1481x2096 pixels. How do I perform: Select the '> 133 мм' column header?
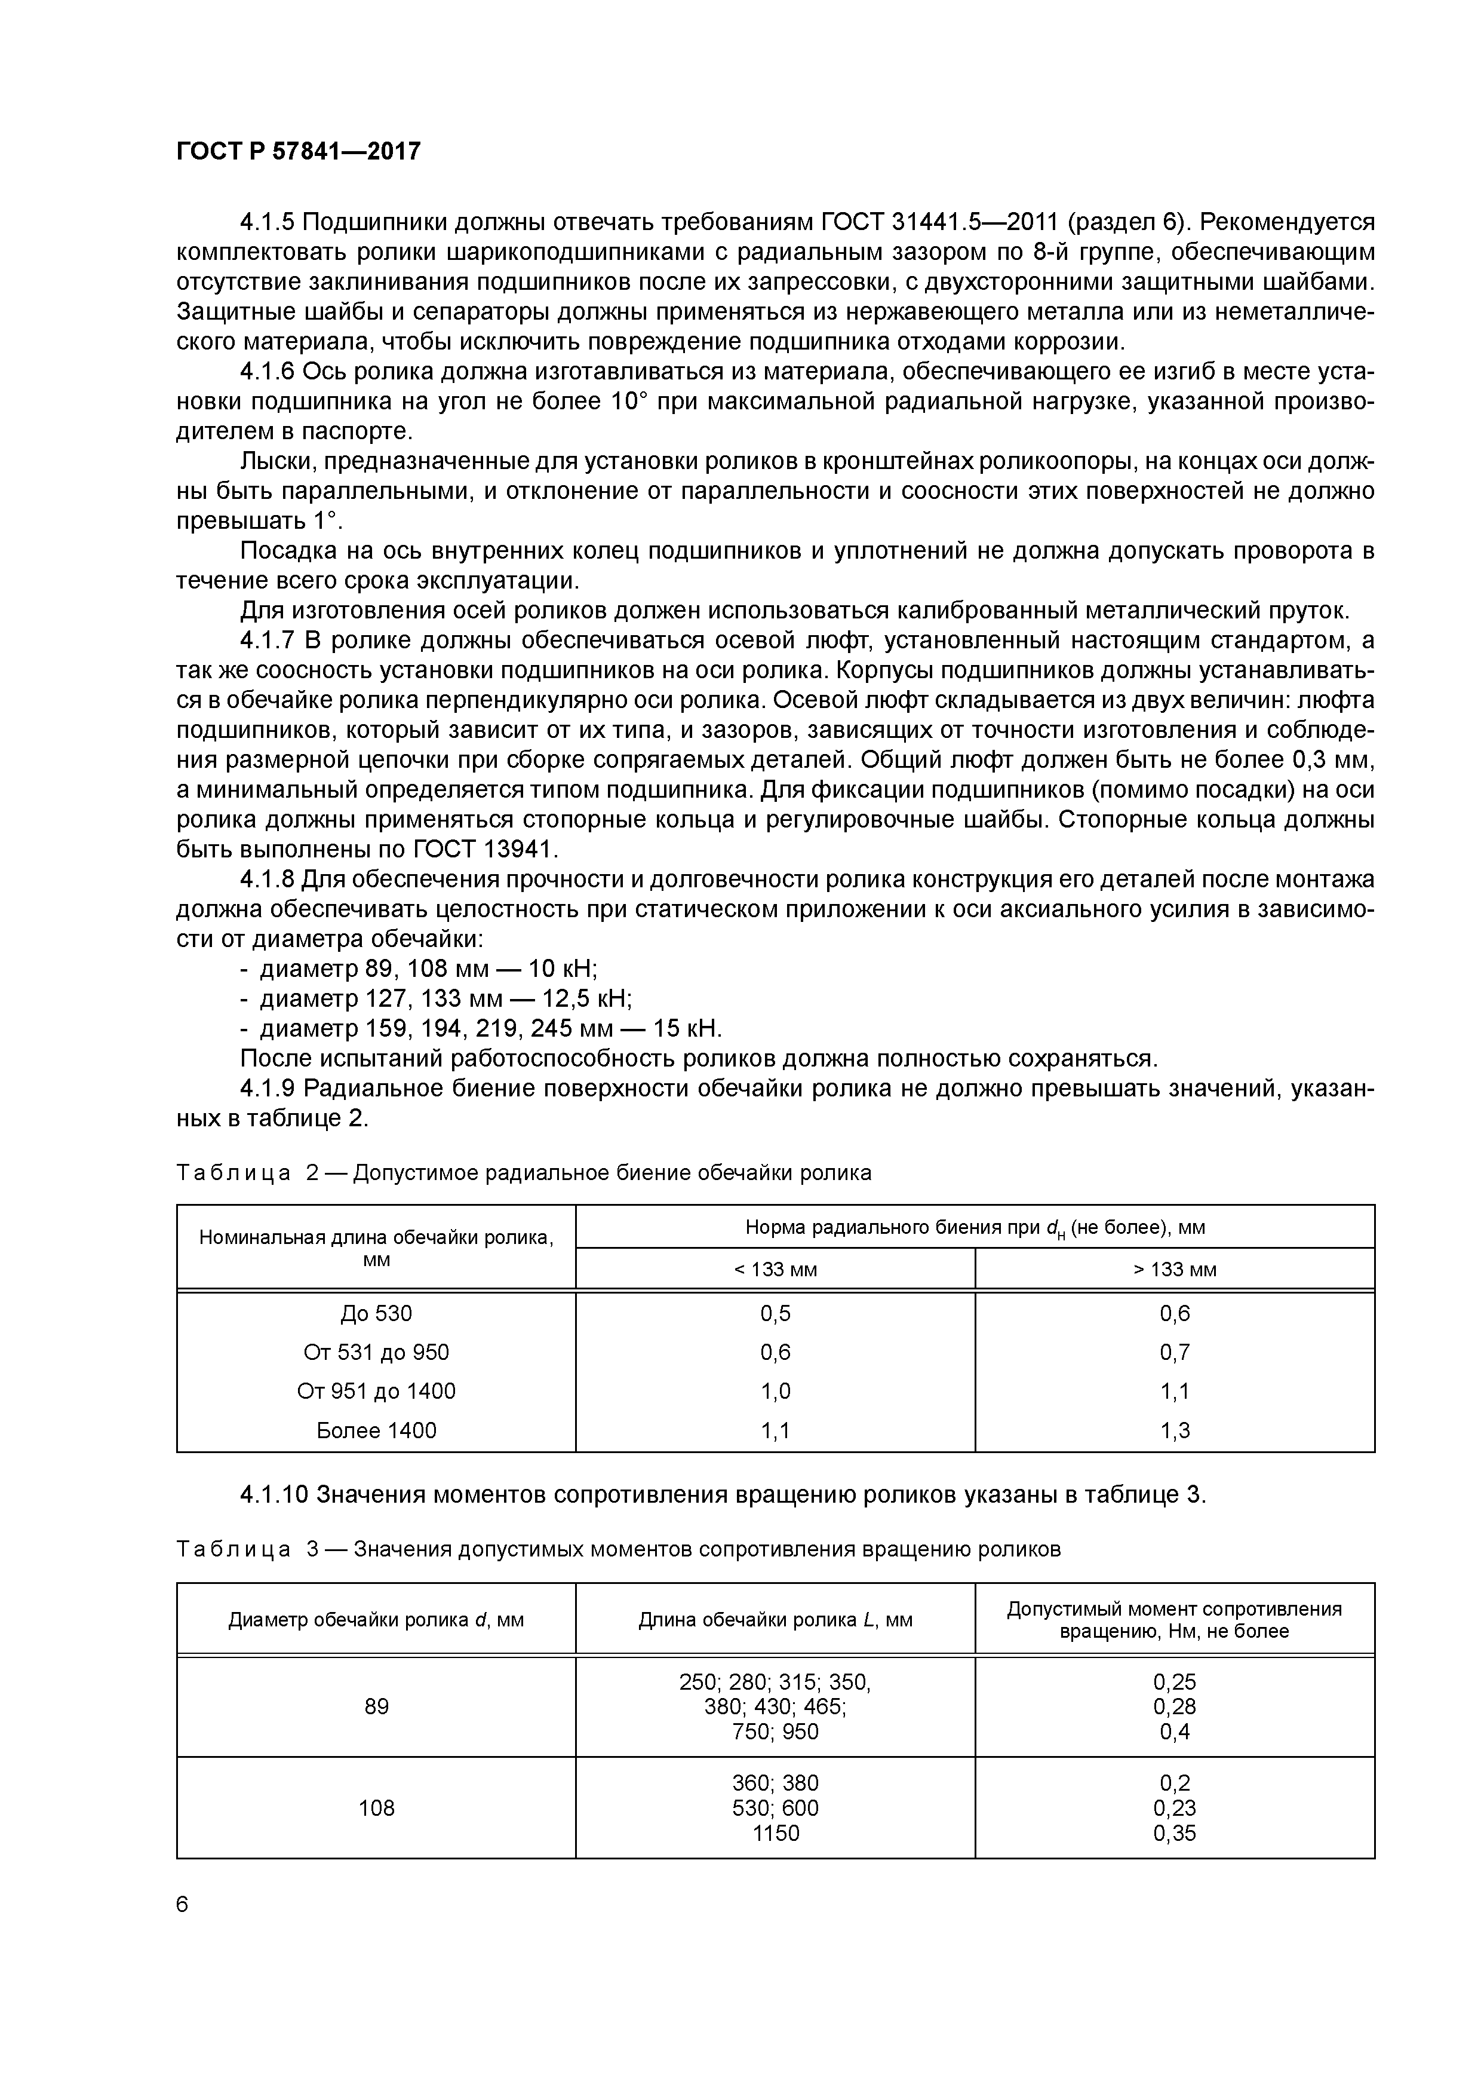1175,1270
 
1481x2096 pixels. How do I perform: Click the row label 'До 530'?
376,1314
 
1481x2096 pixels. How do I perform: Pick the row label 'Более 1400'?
376,1430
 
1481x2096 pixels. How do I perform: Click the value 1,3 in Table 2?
1175,1430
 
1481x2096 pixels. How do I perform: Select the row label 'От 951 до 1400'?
376,1391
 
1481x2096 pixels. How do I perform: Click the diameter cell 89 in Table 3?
376,1706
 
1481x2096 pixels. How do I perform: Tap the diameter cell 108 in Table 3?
376,1807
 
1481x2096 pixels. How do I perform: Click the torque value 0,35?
1175,1833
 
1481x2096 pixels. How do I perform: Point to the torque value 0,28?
1175,1706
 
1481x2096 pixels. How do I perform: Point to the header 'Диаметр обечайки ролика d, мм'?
376,1620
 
